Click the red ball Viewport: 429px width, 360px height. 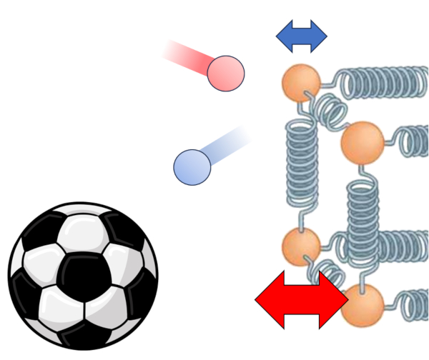pyautogui.click(x=226, y=72)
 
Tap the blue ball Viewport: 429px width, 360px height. pyautogui.click(x=192, y=166)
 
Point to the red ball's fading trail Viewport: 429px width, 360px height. pyautogui.click(x=186, y=57)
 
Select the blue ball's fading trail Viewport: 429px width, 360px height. pyautogui.click(x=229, y=143)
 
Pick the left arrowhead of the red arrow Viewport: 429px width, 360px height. pyautogui.click(x=268, y=299)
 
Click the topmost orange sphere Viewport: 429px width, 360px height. pyautogui.click(x=300, y=82)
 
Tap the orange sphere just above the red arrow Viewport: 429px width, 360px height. pyautogui.click(x=300, y=246)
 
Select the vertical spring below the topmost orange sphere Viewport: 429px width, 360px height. pyautogui.click(x=302, y=168)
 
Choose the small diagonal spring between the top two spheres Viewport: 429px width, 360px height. pyautogui.click(x=330, y=111)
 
